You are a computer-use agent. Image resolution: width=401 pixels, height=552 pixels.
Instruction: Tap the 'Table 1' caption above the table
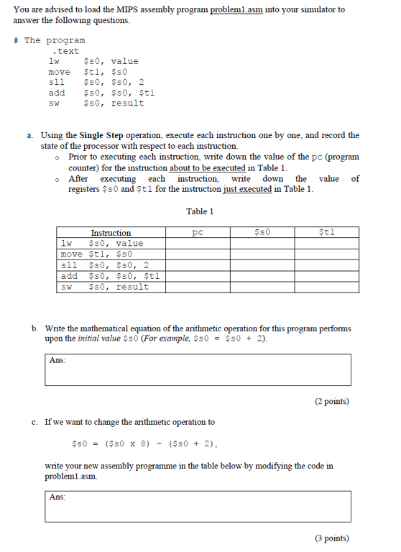click(x=200, y=211)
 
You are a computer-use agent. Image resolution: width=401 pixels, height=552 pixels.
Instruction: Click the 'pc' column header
click(x=200, y=232)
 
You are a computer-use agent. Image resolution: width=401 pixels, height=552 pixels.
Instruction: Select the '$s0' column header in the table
click(x=263, y=232)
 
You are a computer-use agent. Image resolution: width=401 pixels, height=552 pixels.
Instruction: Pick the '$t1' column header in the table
click(x=327, y=232)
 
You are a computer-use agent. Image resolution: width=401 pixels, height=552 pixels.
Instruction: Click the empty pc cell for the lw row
click(x=200, y=244)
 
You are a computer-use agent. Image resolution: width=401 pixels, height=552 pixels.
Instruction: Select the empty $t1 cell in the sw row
click(x=327, y=287)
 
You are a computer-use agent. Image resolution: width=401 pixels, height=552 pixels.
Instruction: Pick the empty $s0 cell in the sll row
click(x=263, y=265)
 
